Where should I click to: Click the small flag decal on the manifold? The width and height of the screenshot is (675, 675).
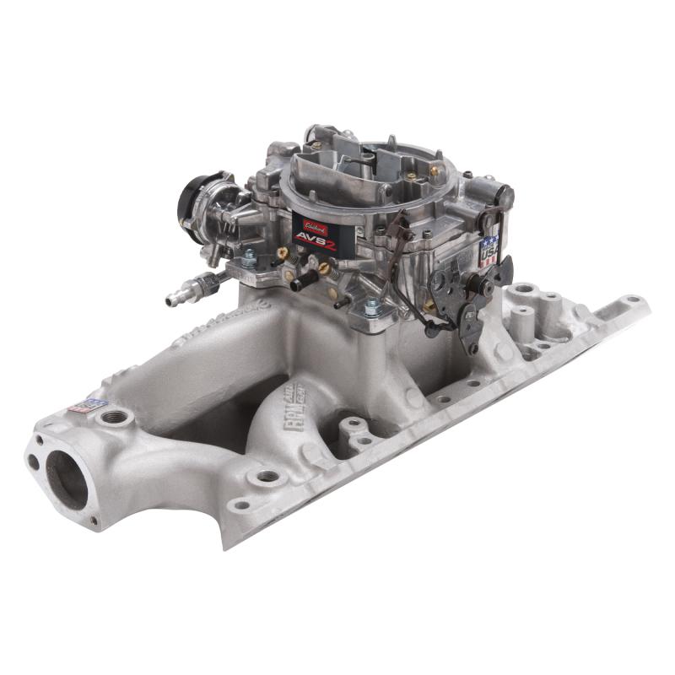tap(78, 403)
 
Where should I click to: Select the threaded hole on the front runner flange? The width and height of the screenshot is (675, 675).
tap(270, 476)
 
